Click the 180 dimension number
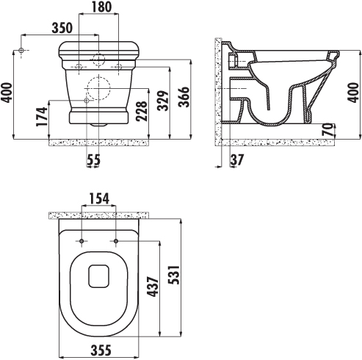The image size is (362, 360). point(101,7)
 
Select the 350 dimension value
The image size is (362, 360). point(62,28)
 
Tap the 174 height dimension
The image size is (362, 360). point(42,117)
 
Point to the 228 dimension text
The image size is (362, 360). point(142,111)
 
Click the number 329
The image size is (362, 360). point(163,101)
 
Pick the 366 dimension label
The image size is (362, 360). point(184,97)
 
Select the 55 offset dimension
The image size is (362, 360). point(94,159)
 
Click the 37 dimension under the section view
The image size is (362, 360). point(237,159)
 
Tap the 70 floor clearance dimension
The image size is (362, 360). point(328,129)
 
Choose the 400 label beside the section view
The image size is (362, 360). point(353,93)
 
